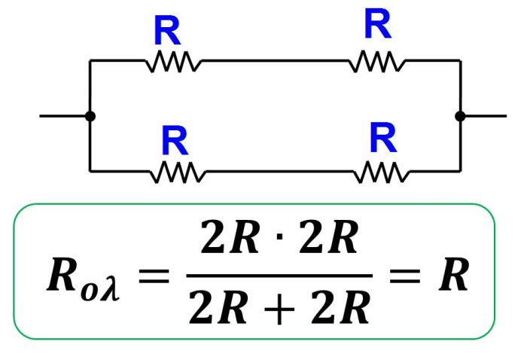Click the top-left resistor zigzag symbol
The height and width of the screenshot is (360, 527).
pos(173,63)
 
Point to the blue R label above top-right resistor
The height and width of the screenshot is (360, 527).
pos(377,25)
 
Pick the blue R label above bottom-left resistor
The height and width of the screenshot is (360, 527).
pos(174,141)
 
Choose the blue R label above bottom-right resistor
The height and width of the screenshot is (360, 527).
pos(382,138)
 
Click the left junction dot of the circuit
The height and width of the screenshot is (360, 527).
pos(90,116)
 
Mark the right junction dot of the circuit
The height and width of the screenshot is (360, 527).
pos(460,116)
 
